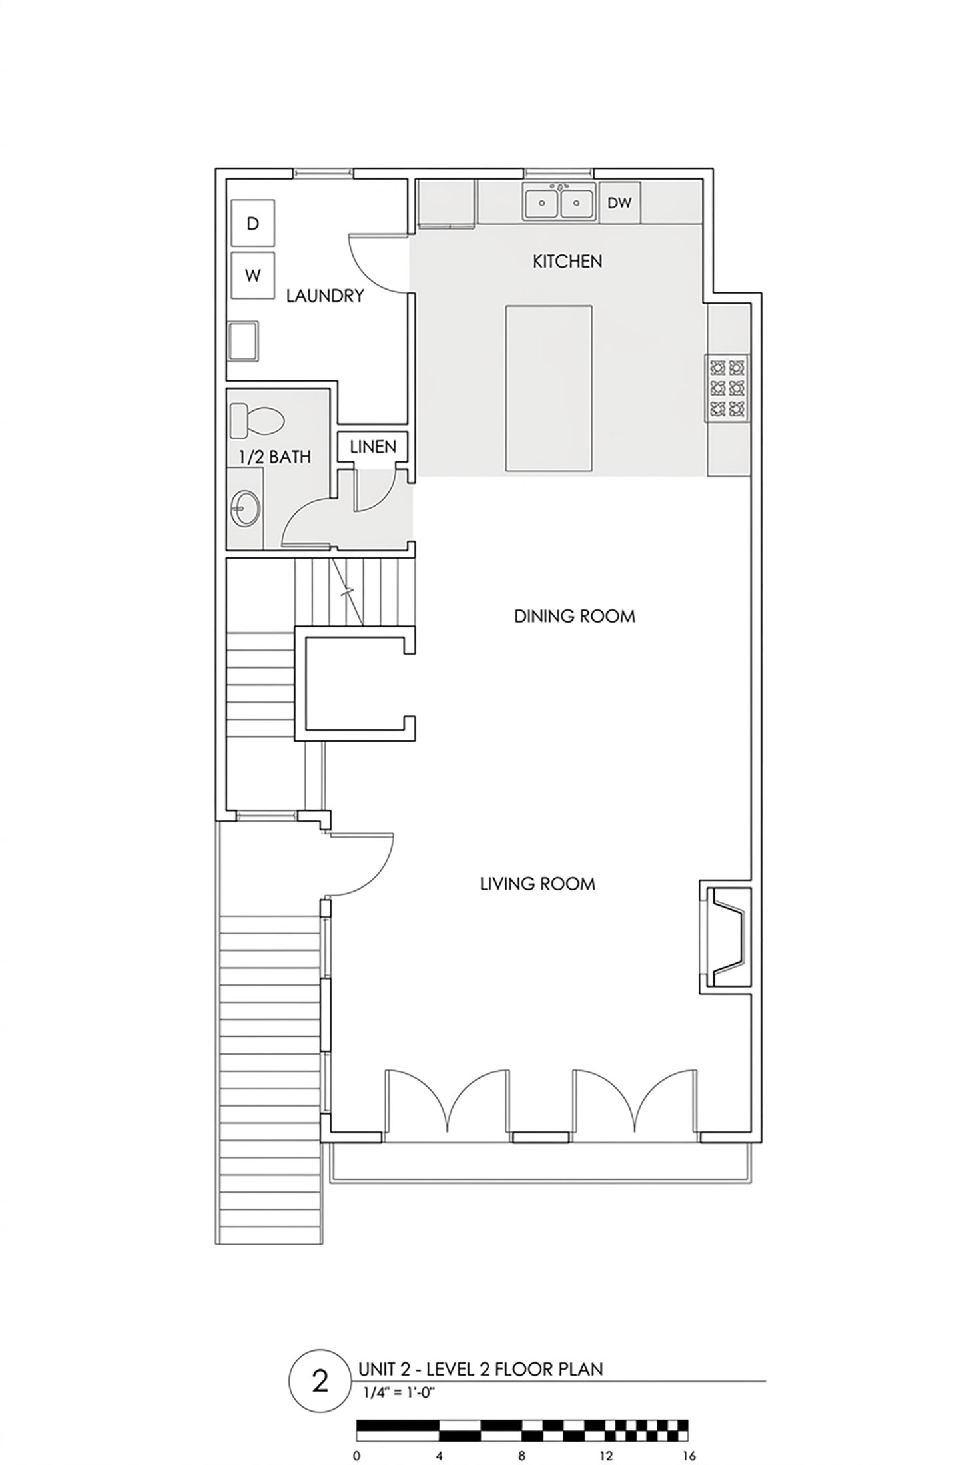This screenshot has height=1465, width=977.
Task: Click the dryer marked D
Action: pyautogui.click(x=252, y=223)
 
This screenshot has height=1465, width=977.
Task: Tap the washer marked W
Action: pyautogui.click(x=252, y=275)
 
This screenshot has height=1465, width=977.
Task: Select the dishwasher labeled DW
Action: pyautogui.click(x=619, y=202)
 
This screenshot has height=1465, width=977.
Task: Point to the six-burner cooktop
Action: pyautogui.click(x=727, y=388)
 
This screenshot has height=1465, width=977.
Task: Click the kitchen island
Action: pyautogui.click(x=549, y=388)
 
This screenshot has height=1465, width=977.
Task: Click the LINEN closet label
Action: pyautogui.click(x=373, y=447)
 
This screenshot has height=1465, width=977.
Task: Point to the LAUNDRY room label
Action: pyautogui.click(x=325, y=296)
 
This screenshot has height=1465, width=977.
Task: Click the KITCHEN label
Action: pyautogui.click(x=567, y=262)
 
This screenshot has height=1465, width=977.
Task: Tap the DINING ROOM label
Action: pyautogui.click(x=574, y=616)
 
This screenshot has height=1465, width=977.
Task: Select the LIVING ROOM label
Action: pyautogui.click(x=537, y=884)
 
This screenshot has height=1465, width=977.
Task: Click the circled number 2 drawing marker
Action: pyautogui.click(x=320, y=1380)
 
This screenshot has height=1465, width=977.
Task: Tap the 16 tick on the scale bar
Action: pyautogui.click(x=689, y=1450)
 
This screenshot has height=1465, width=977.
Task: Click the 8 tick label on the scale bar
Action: pyautogui.click(x=522, y=1450)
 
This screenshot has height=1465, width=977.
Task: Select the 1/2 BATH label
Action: pyautogui.click(x=275, y=457)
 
